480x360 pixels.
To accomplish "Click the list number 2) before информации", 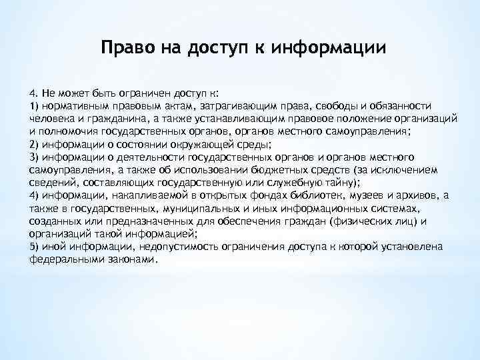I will [x=34, y=144].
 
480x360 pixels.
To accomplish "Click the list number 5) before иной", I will [x=34, y=245].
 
